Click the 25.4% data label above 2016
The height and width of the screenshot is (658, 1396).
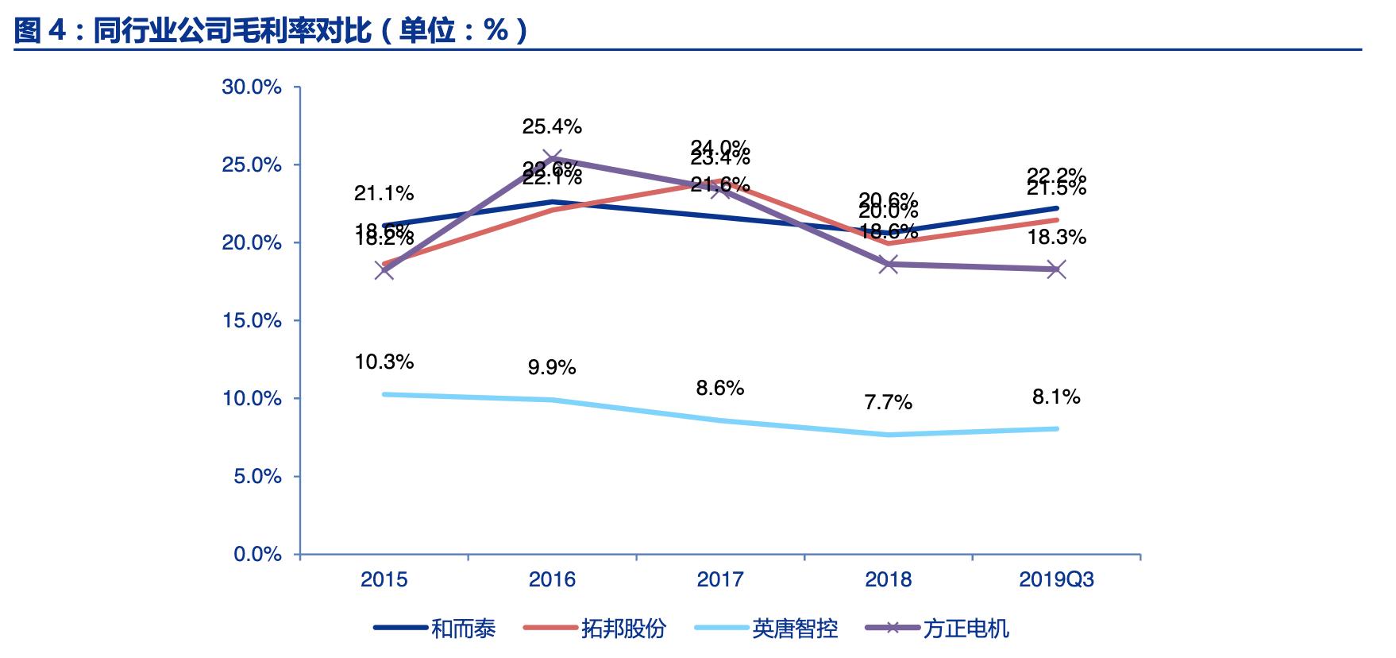[552, 126]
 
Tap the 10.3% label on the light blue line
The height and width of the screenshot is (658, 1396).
[384, 362]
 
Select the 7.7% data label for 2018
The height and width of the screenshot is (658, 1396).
[888, 403]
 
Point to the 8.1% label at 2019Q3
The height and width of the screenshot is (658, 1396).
[1056, 397]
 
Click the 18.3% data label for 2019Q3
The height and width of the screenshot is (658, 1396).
[1056, 238]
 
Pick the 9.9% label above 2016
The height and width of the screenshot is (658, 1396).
[552, 368]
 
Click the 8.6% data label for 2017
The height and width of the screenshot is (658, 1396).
[719, 388]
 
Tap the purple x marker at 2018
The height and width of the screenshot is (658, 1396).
[889, 265]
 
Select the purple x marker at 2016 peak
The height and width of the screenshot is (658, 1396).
[552, 158]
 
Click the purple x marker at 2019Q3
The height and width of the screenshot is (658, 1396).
[1056, 269]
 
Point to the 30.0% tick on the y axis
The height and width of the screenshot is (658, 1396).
[252, 87]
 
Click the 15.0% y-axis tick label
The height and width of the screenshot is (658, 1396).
[252, 321]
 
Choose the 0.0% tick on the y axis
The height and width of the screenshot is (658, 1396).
[257, 555]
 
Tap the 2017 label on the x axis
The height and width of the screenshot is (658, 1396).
[719, 579]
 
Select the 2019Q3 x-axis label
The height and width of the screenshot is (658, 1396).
[1056, 579]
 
